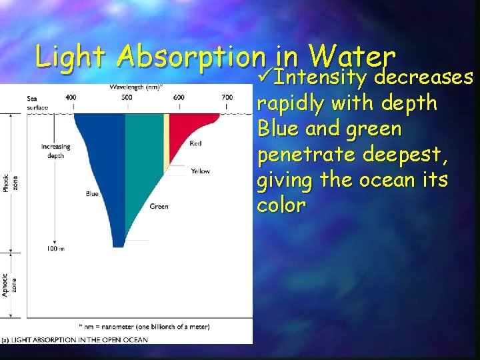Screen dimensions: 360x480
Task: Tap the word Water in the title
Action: point(353,55)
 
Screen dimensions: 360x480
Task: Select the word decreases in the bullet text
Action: point(423,79)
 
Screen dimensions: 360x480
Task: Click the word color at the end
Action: point(281,205)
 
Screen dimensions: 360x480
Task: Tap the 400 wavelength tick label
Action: point(71,97)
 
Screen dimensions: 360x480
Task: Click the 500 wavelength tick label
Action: point(127,97)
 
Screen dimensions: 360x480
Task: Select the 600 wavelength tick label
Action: point(179,97)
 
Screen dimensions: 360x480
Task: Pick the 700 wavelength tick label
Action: point(227,97)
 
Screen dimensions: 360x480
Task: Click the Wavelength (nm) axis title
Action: point(136,86)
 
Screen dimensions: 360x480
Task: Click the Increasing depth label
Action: point(55,151)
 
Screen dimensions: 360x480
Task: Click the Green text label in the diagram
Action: point(159,206)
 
